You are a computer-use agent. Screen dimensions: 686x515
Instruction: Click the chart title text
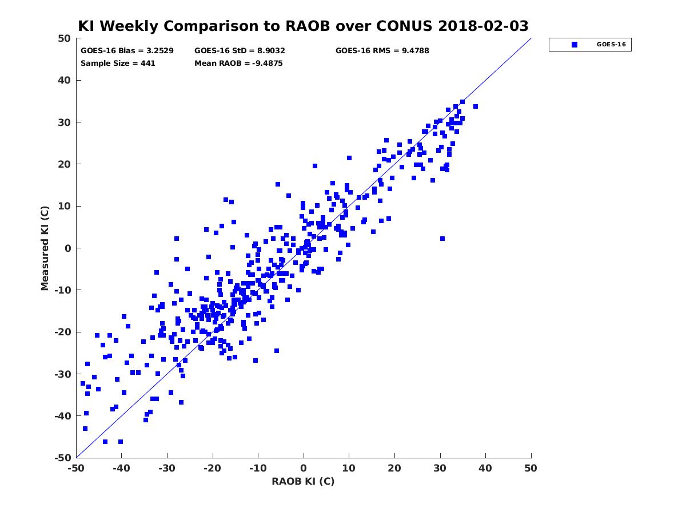coord(303,26)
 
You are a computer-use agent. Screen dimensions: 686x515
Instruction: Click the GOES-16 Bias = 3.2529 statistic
coord(127,51)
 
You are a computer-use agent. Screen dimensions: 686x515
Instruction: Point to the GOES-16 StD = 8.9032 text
coord(240,51)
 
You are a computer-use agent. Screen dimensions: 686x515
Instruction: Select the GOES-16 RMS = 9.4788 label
coord(382,51)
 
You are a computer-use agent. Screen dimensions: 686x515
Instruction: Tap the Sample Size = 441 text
coord(118,63)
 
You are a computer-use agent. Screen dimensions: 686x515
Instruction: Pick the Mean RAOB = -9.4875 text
coord(238,63)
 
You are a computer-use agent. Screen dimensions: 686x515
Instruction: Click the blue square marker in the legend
coord(575,45)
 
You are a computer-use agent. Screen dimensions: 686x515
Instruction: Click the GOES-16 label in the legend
coord(611,45)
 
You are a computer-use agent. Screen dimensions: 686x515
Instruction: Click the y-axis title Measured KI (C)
coord(45,248)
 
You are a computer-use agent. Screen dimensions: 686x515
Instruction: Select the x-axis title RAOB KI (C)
coord(303,481)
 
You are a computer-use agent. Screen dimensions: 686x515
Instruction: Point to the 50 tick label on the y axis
coord(65,38)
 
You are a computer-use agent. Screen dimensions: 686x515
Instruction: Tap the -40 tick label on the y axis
coord(63,416)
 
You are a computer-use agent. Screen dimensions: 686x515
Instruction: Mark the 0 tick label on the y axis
coord(68,248)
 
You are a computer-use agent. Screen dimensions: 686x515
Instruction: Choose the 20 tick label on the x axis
coord(394,468)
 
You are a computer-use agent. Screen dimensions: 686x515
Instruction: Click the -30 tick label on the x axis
coord(166,468)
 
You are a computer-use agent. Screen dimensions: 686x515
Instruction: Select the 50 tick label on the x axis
coord(531,468)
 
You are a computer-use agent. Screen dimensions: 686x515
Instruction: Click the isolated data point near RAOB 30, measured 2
coord(442,239)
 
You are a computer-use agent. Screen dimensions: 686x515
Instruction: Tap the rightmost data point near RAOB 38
coord(476,106)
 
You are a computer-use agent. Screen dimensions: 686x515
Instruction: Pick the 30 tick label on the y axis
coord(65,122)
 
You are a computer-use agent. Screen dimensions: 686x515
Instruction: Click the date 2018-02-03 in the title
coord(483,26)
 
